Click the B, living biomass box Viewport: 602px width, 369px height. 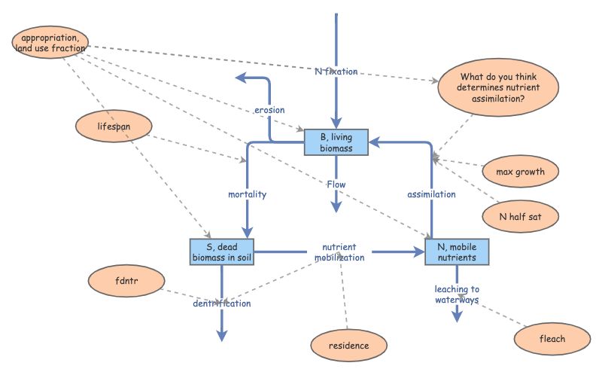coord(336,142)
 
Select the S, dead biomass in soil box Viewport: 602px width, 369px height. coord(220,252)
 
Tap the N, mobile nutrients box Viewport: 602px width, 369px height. coord(456,252)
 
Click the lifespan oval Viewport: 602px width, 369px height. coord(114,127)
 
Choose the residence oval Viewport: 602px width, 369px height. coord(349,346)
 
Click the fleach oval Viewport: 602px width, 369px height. coord(552,338)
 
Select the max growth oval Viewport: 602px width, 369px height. coord(520,172)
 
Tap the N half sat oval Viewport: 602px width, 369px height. coord(520,216)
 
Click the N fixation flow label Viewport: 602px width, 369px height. coord(336,72)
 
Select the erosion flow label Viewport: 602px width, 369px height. coord(269,110)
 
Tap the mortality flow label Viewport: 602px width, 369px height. coord(248,194)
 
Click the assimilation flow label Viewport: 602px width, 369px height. coord(431,194)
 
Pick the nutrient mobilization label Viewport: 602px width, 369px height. coord(339,252)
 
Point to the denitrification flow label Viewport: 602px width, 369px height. coord(221,303)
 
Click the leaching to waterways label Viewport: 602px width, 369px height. coord(457,294)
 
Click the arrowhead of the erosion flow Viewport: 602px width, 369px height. coord(239,77)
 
